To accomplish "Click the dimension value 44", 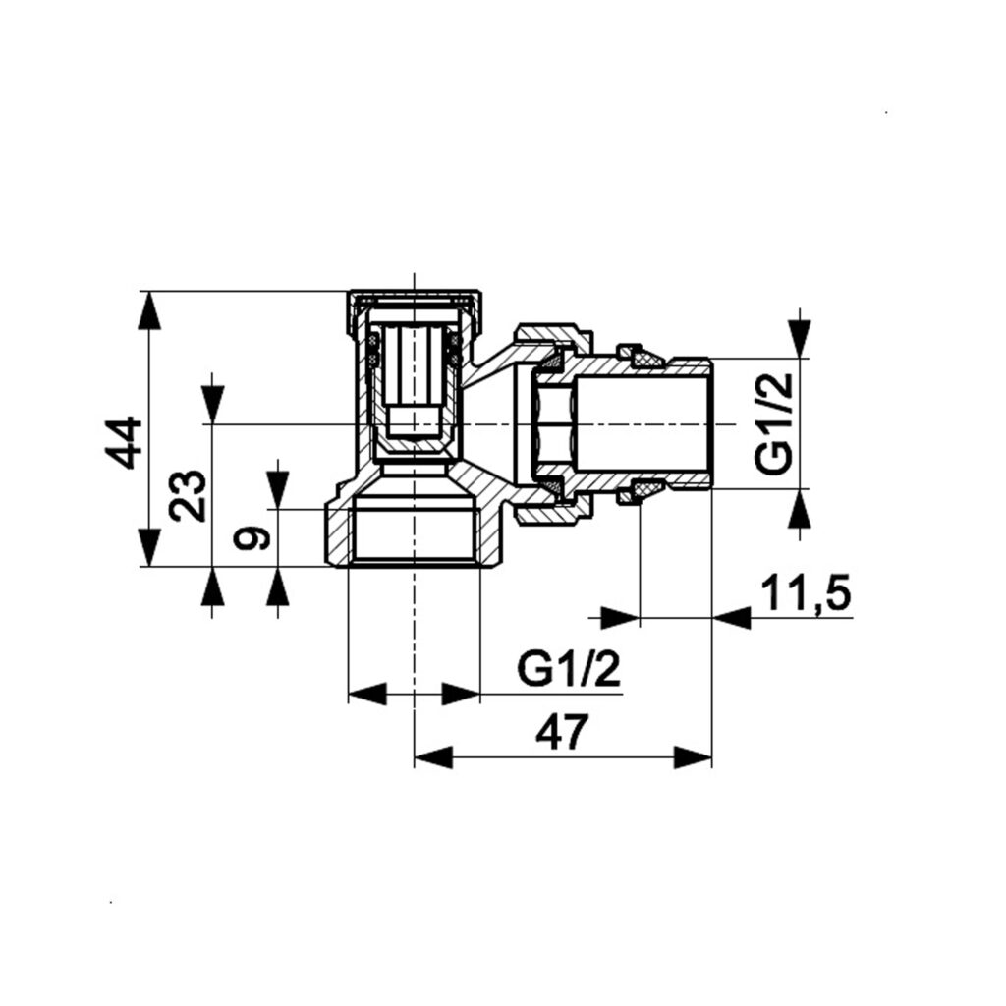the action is coord(123,443).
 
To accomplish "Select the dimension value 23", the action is coord(188,495).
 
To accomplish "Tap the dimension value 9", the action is coord(251,537).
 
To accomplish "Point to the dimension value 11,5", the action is coord(806,593).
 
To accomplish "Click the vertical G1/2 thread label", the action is coord(774,422).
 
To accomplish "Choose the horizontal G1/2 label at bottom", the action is coord(569,670).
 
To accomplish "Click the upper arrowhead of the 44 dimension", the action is coord(148,311).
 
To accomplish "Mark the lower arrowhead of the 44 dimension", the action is coord(148,547).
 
